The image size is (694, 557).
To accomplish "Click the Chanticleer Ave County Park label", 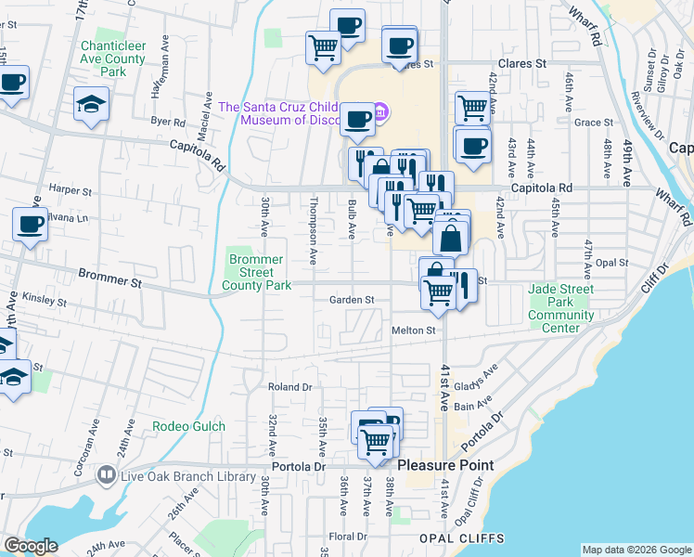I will coord(113,58).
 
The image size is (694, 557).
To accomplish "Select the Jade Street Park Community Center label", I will coord(561,308).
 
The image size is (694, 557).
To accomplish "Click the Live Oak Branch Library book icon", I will coord(106,476).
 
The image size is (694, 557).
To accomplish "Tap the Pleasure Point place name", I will coord(445,464).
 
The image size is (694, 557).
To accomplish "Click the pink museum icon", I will coord(383,113).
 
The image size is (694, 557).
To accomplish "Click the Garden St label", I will coord(352,300).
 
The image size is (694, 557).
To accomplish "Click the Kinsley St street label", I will coord(46,302).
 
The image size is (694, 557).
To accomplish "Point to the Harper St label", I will coord(71,189).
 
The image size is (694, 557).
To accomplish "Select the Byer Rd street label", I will coord(168,121).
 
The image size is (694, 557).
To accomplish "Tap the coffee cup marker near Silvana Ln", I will coord(30,225).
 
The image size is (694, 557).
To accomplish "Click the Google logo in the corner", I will coord(31,546).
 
